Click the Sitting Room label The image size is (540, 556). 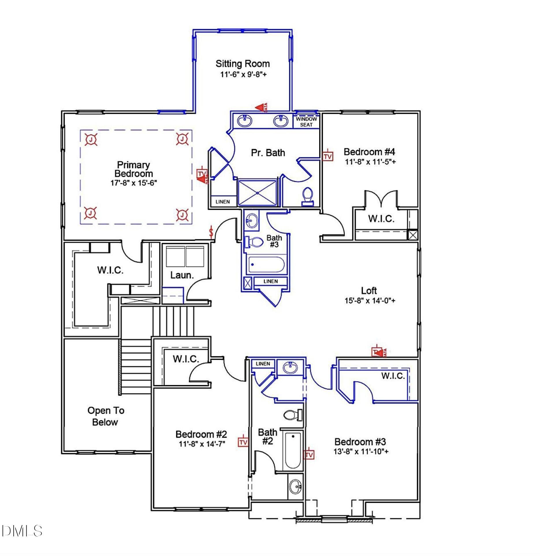click(x=242, y=64)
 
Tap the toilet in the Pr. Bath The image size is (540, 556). click(x=307, y=196)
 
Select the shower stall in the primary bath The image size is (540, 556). click(x=257, y=193)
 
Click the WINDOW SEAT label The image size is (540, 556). click(x=306, y=122)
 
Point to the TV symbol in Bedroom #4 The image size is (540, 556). click(x=327, y=156)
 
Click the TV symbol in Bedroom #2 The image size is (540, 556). click(x=243, y=442)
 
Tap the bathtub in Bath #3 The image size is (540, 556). click(x=266, y=264)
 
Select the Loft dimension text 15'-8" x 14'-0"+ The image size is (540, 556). click(x=370, y=301)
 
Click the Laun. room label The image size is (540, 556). click(x=182, y=275)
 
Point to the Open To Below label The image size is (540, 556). click(x=106, y=416)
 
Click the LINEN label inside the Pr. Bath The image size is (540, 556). click(x=223, y=202)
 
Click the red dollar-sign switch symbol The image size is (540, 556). click(x=211, y=232)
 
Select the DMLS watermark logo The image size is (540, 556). click(x=22, y=531)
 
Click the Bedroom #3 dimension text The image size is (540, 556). click(x=361, y=451)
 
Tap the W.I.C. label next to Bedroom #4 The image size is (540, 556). click(x=381, y=219)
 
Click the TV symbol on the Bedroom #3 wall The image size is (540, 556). click(x=309, y=455)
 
